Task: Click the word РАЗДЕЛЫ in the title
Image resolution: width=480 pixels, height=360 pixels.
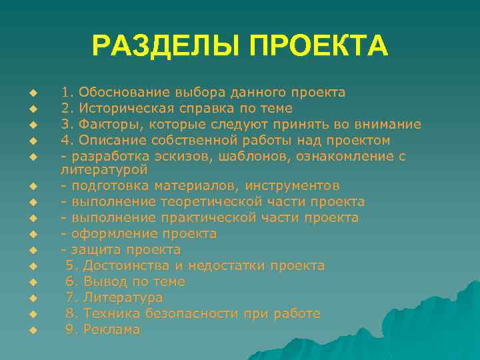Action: [167, 46]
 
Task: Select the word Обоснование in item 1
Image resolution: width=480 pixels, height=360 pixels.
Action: [125, 92]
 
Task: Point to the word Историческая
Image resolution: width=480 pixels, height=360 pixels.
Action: [127, 108]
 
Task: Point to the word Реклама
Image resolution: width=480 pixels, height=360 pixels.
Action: [112, 329]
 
